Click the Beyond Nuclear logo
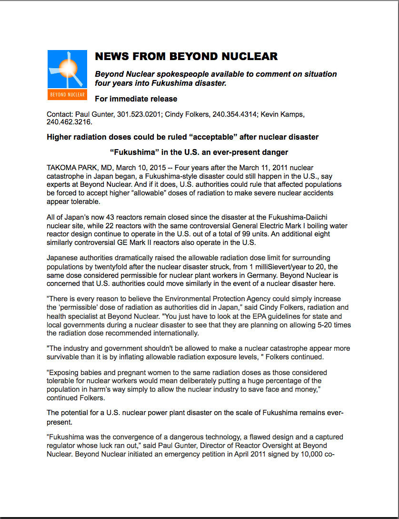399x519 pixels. (x=67, y=75)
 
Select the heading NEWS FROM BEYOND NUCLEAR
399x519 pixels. (x=186, y=57)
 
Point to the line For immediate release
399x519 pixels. (x=136, y=99)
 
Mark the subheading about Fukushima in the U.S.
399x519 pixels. (x=199, y=153)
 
